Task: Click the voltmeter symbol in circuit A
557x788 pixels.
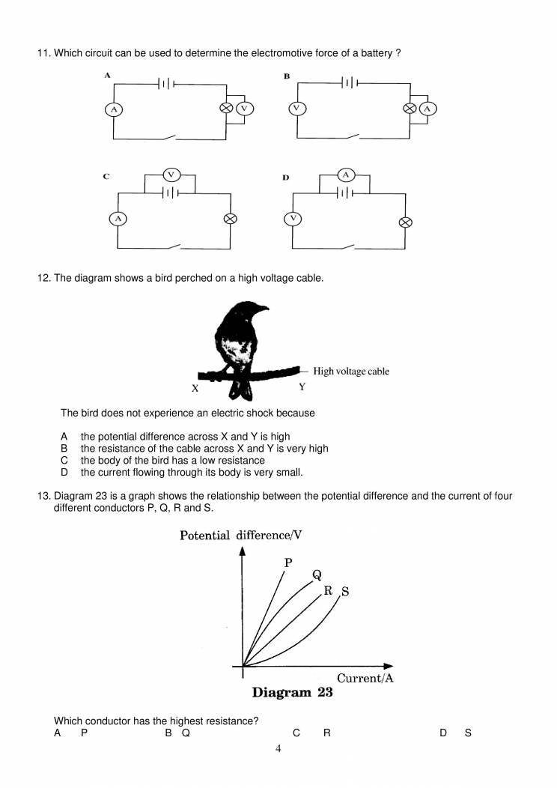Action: pos(245,109)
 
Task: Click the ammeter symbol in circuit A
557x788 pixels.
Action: pos(114,109)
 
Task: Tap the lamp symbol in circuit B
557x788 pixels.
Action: pos(410,109)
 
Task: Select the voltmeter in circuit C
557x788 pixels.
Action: pos(171,175)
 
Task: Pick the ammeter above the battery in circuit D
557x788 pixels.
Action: pos(346,175)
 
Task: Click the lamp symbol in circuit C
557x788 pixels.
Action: pos(231,219)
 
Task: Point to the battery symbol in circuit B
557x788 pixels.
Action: pos(350,82)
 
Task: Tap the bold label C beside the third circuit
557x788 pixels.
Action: pos(107,177)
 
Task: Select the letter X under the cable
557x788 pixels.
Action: pos(195,389)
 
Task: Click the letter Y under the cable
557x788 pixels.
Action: pos(302,387)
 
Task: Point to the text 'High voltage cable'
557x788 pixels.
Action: pos(351,371)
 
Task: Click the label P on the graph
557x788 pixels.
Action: pos(288,563)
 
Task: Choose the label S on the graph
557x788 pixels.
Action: pos(345,592)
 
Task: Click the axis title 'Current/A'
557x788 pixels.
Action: pos(365,679)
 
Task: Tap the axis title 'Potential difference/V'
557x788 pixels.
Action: pos(240,535)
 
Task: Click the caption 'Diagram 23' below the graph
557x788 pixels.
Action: pos(292,693)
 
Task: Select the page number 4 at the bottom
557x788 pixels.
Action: pos(278,748)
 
